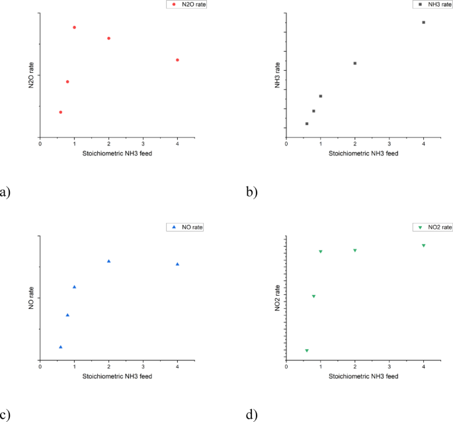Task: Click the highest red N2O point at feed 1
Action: [74, 27]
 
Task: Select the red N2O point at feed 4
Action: [177, 60]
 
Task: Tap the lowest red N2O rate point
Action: [61, 112]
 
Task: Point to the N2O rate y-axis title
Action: [30, 75]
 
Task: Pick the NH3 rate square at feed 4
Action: [423, 22]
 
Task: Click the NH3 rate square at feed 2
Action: [355, 63]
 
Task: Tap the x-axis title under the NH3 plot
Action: [363, 153]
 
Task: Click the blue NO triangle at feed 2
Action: [108, 261]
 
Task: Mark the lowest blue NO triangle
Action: [61, 347]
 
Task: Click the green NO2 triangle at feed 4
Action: [423, 245]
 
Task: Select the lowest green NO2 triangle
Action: [307, 351]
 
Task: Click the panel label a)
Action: [5, 192]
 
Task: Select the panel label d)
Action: [252, 415]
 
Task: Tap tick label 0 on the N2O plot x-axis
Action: [40, 144]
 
